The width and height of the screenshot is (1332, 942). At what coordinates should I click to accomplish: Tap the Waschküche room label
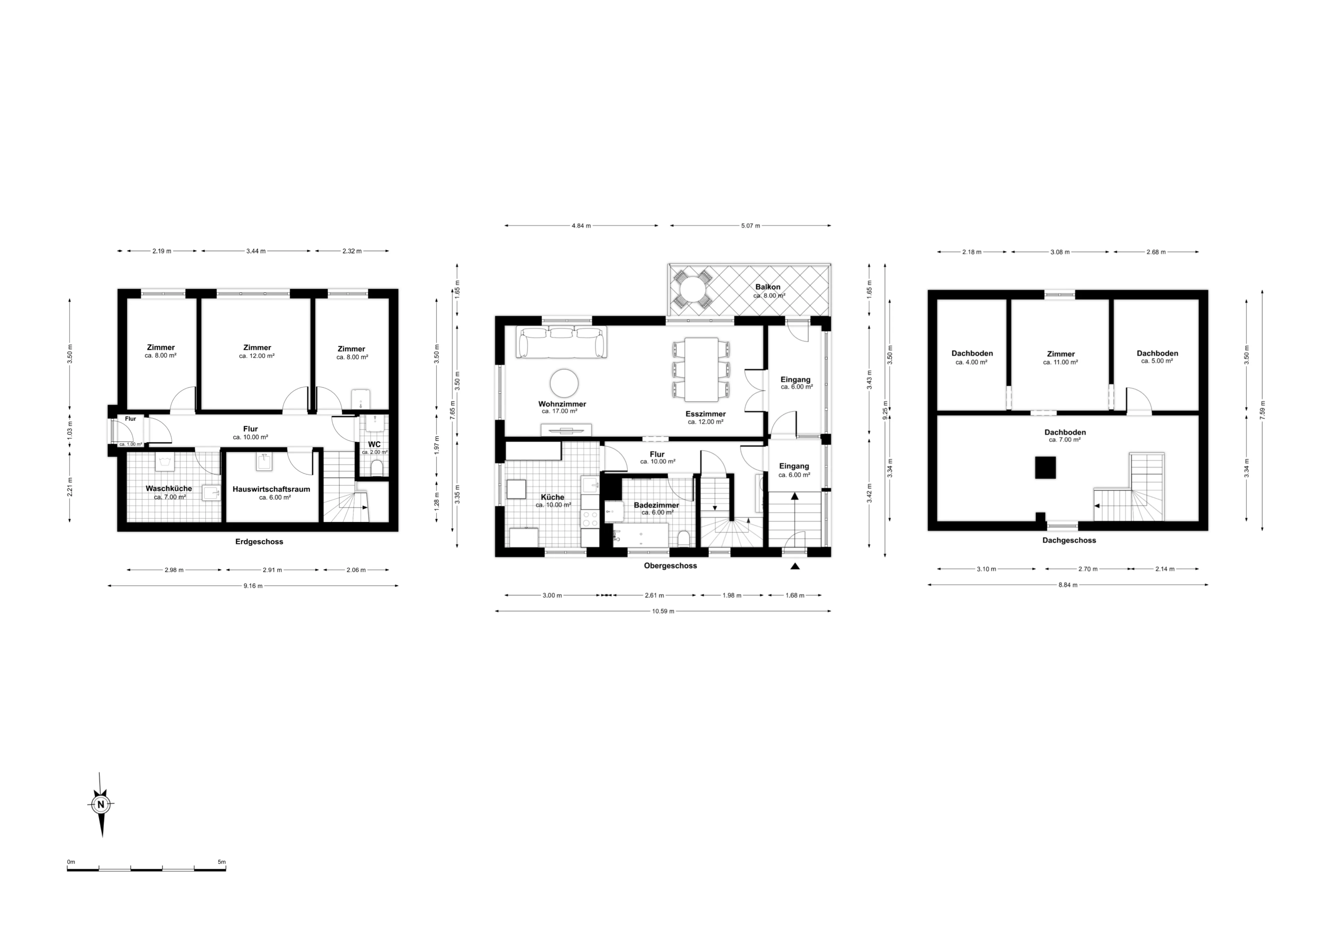coord(169,488)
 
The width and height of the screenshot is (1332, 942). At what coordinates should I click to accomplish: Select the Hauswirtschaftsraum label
coord(272,489)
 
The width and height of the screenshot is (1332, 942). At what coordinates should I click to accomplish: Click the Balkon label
coord(768,287)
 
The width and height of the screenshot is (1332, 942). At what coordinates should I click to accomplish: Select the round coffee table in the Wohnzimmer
coord(564,383)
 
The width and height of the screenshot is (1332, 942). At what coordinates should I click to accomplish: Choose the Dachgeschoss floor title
coord(1069,540)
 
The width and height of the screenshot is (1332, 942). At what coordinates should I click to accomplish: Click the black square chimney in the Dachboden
coord(1046,468)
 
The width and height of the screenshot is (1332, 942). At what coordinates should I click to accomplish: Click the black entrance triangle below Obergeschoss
coord(795,566)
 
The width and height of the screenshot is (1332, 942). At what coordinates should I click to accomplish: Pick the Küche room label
coord(552,497)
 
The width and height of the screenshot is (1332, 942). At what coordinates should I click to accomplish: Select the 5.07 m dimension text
coord(750,226)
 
